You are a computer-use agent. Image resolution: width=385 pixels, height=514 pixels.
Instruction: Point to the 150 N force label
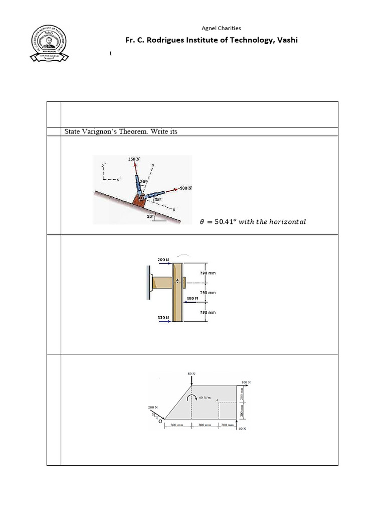[134, 159]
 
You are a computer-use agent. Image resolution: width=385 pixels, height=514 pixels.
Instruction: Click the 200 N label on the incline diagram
[186, 188]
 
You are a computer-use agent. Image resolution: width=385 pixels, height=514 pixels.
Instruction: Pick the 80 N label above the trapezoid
[190, 373]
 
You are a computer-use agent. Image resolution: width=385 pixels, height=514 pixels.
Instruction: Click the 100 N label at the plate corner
[246, 382]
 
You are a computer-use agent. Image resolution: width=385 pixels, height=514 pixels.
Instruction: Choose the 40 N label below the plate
[242, 429]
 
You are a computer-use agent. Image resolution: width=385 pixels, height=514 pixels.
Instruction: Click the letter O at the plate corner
[160, 422]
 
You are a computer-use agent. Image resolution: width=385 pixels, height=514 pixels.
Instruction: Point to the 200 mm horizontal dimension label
[227, 425]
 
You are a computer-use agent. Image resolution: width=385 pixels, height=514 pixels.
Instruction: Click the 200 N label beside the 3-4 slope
[153, 407]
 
